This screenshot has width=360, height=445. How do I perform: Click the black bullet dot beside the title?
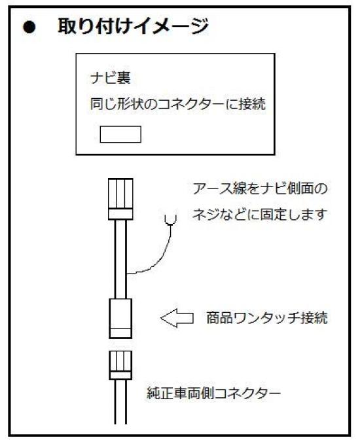[x=29, y=27]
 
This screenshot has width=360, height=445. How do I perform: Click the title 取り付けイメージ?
[x=133, y=26]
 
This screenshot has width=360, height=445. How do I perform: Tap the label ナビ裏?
[x=110, y=78]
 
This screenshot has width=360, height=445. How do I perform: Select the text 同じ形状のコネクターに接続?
[x=178, y=104]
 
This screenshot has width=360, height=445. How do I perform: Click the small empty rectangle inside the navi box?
[x=120, y=134]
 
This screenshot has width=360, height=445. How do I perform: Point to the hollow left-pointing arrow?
[x=177, y=318]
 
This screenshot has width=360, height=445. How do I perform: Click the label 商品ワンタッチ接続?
[x=266, y=318]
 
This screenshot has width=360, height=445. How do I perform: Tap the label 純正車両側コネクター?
[x=213, y=393]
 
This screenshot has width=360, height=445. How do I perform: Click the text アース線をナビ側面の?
[x=260, y=188]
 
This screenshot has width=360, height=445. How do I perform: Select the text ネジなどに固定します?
[x=259, y=214]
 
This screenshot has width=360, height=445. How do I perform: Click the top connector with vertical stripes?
[x=120, y=199]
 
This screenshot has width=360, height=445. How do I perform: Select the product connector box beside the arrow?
[x=120, y=319]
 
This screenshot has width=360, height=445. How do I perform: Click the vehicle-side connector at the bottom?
[x=120, y=365]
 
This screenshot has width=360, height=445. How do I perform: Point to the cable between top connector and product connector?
[x=120, y=259]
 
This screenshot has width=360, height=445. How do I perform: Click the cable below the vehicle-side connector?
[x=120, y=402]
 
